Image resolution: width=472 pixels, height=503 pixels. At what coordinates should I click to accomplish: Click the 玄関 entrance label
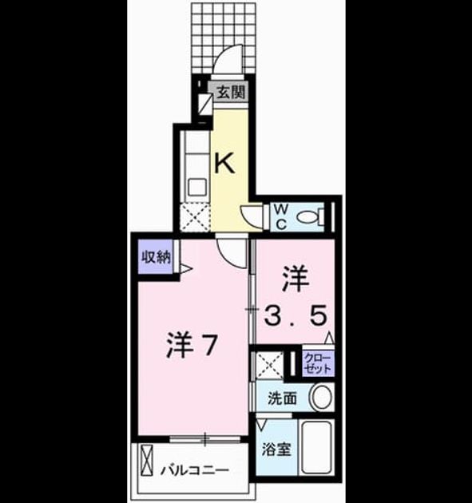coord(231,93)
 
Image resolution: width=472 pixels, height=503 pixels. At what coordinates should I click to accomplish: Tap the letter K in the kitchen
coord(224,163)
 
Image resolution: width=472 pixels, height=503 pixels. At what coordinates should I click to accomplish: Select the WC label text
coord(281,217)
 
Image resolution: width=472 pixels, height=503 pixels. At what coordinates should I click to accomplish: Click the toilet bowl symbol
coord(311,217)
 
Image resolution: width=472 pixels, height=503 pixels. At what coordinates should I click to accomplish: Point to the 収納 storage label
coord(156,257)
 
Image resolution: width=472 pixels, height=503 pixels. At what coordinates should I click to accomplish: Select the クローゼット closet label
coord(318,363)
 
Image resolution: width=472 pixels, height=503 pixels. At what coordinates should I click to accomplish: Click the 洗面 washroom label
coord(282,398)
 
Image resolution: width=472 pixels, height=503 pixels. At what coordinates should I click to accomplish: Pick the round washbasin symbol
coord(321,398)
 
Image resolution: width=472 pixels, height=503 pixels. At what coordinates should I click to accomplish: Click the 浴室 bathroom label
coord(276,449)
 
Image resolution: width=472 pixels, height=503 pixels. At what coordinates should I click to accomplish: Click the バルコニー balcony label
coord(195,470)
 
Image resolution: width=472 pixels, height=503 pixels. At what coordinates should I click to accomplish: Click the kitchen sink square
coord(196,188)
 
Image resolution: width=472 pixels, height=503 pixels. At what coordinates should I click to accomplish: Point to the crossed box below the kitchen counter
coord(195,217)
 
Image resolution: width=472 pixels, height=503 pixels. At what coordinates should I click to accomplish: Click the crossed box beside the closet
coord(269,365)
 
